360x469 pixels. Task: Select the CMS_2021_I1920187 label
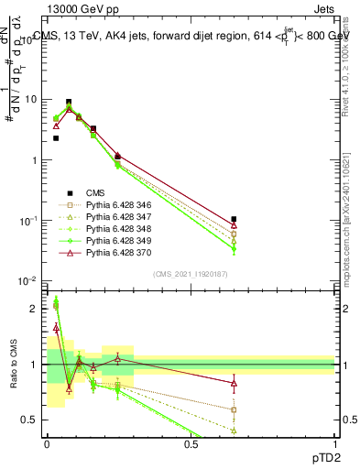(x=189, y=275)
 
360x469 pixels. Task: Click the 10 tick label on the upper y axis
(x=31, y=99)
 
